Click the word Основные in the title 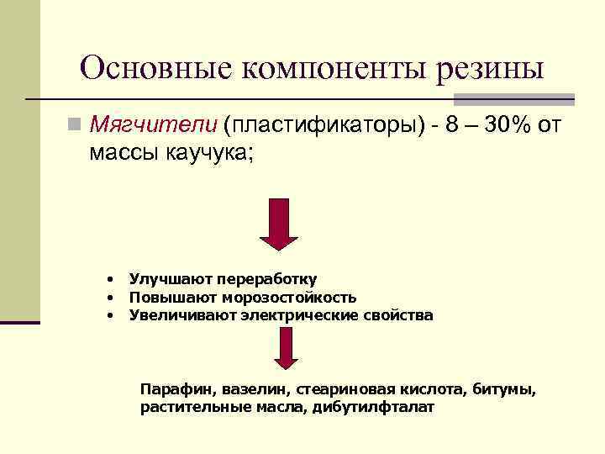point(155,67)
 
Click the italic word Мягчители point(153,126)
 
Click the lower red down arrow point(287,348)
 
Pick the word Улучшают point(170,278)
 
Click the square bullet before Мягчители point(76,126)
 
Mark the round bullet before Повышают point(109,297)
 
